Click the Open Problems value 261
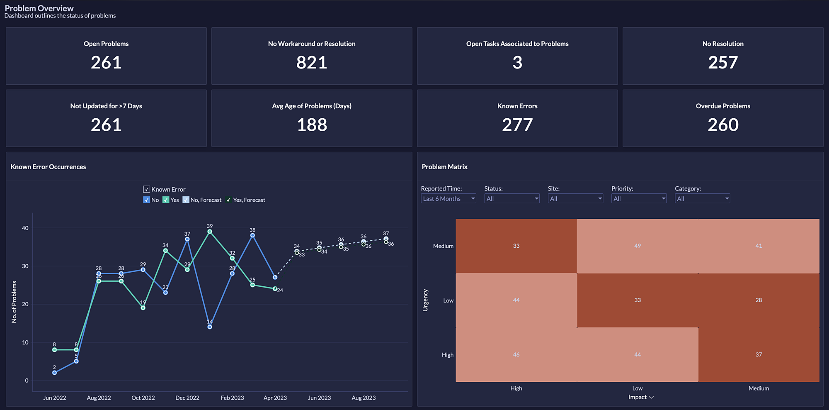pyautogui.click(x=106, y=63)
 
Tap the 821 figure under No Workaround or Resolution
pyautogui.click(x=312, y=63)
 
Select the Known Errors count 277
pyautogui.click(x=517, y=125)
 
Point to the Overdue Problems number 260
pyautogui.click(x=723, y=125)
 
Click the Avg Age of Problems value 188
pyautogui.click(x=312, y=125)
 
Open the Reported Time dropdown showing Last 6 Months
pyautogui.click(x=448, y=199)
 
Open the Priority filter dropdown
pyautogui.click(x=639, y=199)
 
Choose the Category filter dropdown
pyautogui.click(x=702, y=199)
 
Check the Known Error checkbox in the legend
pyautogui.click(x=147, y=189)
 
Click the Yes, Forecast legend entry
pyautogui.click(x=245, y=200)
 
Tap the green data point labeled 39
pyautogui.click(x=210, y=232)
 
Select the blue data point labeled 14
pyautogui.click(x=210, y=327)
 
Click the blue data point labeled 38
pyautogui.click(x=252, y=235)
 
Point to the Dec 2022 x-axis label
pyautogui.click(x=187, y=398)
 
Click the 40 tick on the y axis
pyautogui.click(x=25, y=228)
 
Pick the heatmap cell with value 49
pyautogui.click(x=638, y=246)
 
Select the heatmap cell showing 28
pyautogui.click(x=759, y=300)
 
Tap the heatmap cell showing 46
pyautogui.click(x=516, y=354)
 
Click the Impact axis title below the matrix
pyautogui.click(x=638, y=397)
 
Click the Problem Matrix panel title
pyautogui.click(x=444, y=167)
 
